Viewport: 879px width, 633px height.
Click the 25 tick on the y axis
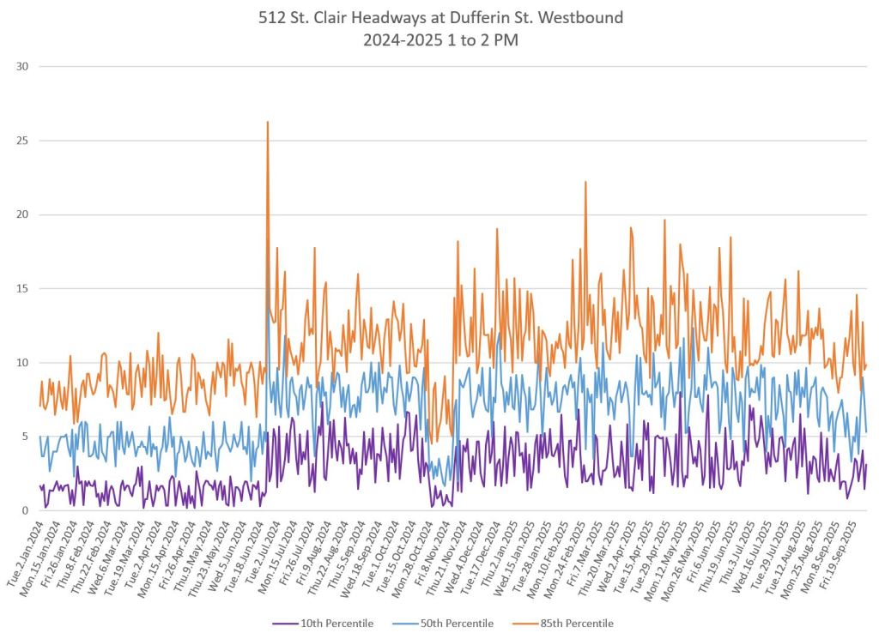coord(24,141)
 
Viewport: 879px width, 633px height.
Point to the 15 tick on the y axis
coord(24,289)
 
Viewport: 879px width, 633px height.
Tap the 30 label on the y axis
coord(24,66)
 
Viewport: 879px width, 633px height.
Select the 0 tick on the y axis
coord(27,511)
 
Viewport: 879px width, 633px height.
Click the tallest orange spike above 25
coord(268,123)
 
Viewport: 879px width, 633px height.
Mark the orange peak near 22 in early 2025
coord(585,183)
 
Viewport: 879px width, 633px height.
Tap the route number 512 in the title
coord(272,16)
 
